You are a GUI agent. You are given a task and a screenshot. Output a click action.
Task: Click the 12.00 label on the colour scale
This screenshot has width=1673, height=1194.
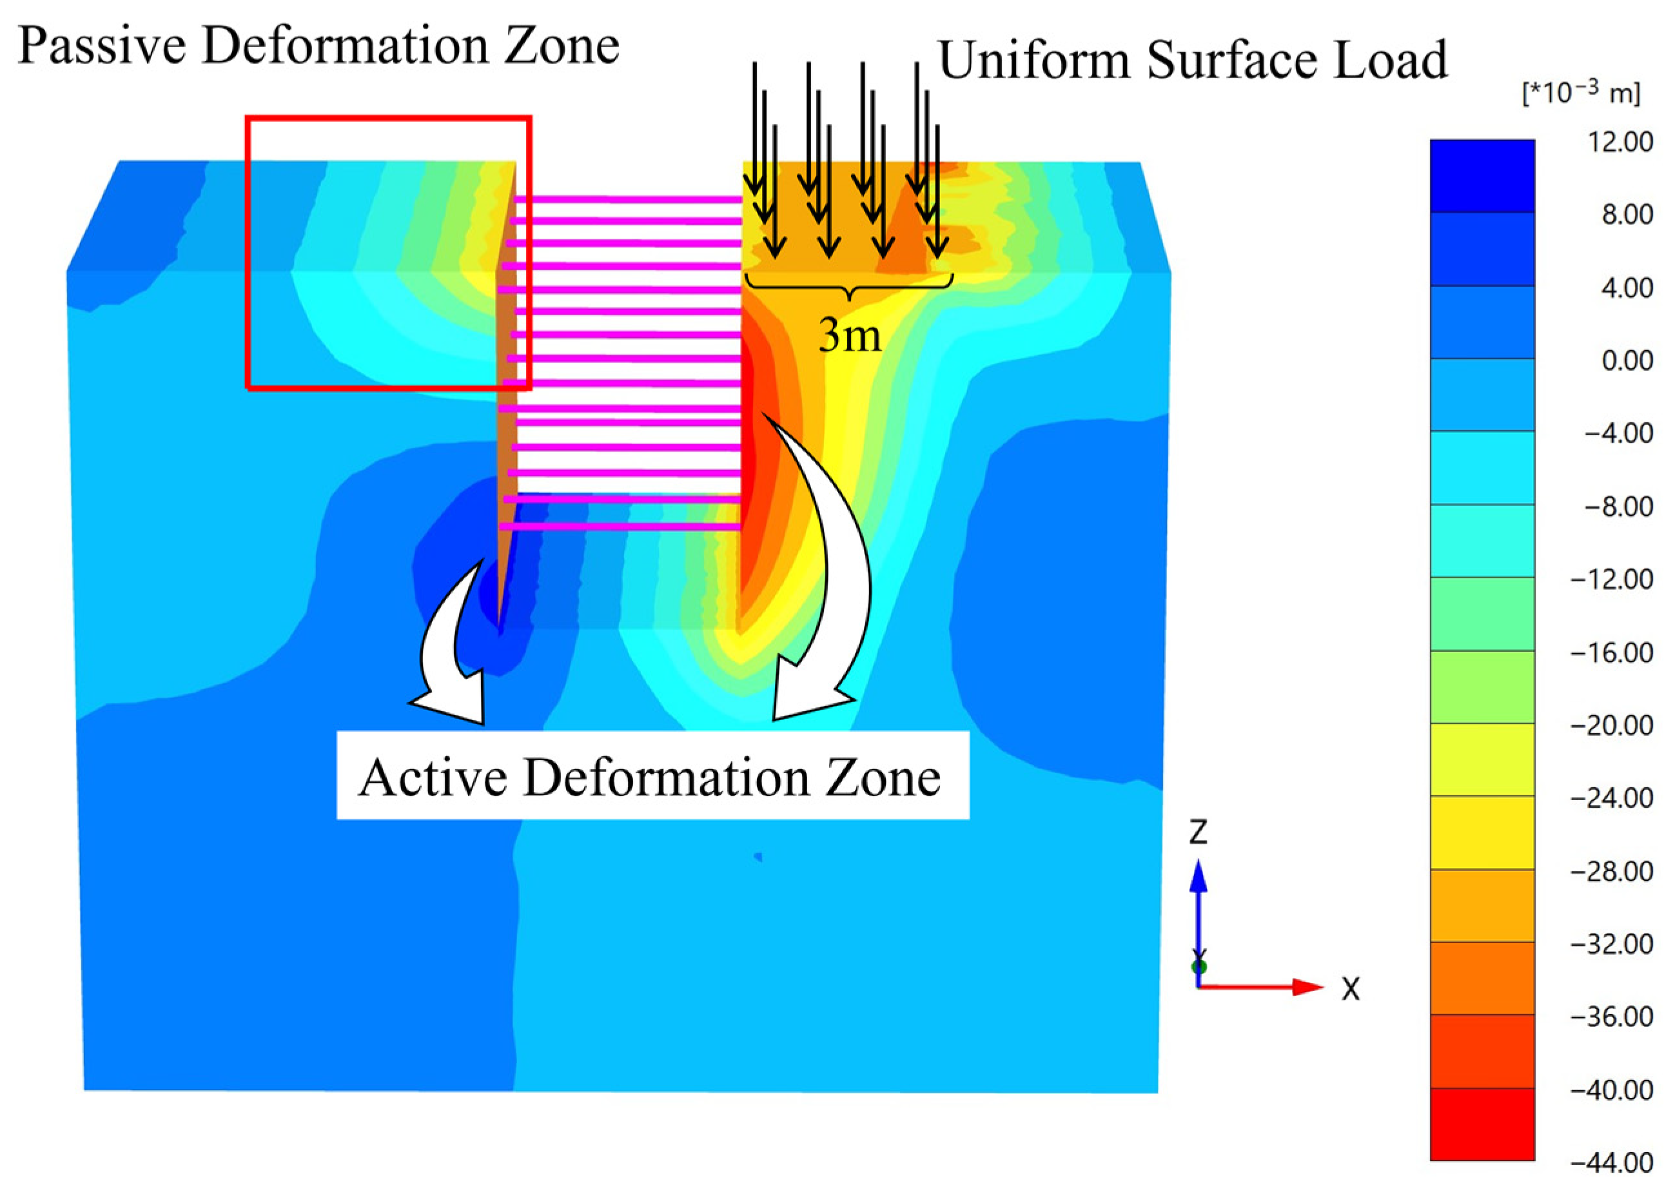pyautogui.click(x=1619, y=142)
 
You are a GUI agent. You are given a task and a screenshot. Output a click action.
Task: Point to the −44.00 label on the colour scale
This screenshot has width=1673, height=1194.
pyautogui.click(x=1611, y=1162)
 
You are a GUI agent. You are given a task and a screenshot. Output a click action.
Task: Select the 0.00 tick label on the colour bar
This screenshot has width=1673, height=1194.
pyautogui.click(x=1627, y=361)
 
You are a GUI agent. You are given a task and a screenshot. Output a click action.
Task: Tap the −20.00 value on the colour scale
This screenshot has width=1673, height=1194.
pyautogui.click(x=1611, y=726)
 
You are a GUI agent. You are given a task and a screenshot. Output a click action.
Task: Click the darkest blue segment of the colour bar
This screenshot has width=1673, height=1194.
pyautogui.click(x=1482, y=177)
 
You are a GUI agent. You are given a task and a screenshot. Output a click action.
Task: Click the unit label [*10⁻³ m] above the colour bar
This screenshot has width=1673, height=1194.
pyautogui.click(x=1580, y=93)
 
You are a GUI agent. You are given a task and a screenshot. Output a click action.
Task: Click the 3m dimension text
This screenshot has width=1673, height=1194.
pyautogui.click(x=850, y=336)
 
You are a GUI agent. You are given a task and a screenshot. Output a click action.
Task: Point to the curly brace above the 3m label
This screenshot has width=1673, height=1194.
pyautogui.click(x=850, y=287)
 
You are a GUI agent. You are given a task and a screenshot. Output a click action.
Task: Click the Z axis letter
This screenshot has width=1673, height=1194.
pyautogui.click(x=1198, y=832)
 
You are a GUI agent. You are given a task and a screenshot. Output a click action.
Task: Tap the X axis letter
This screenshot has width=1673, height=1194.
pyautogui.click(x=1350, y=990)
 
